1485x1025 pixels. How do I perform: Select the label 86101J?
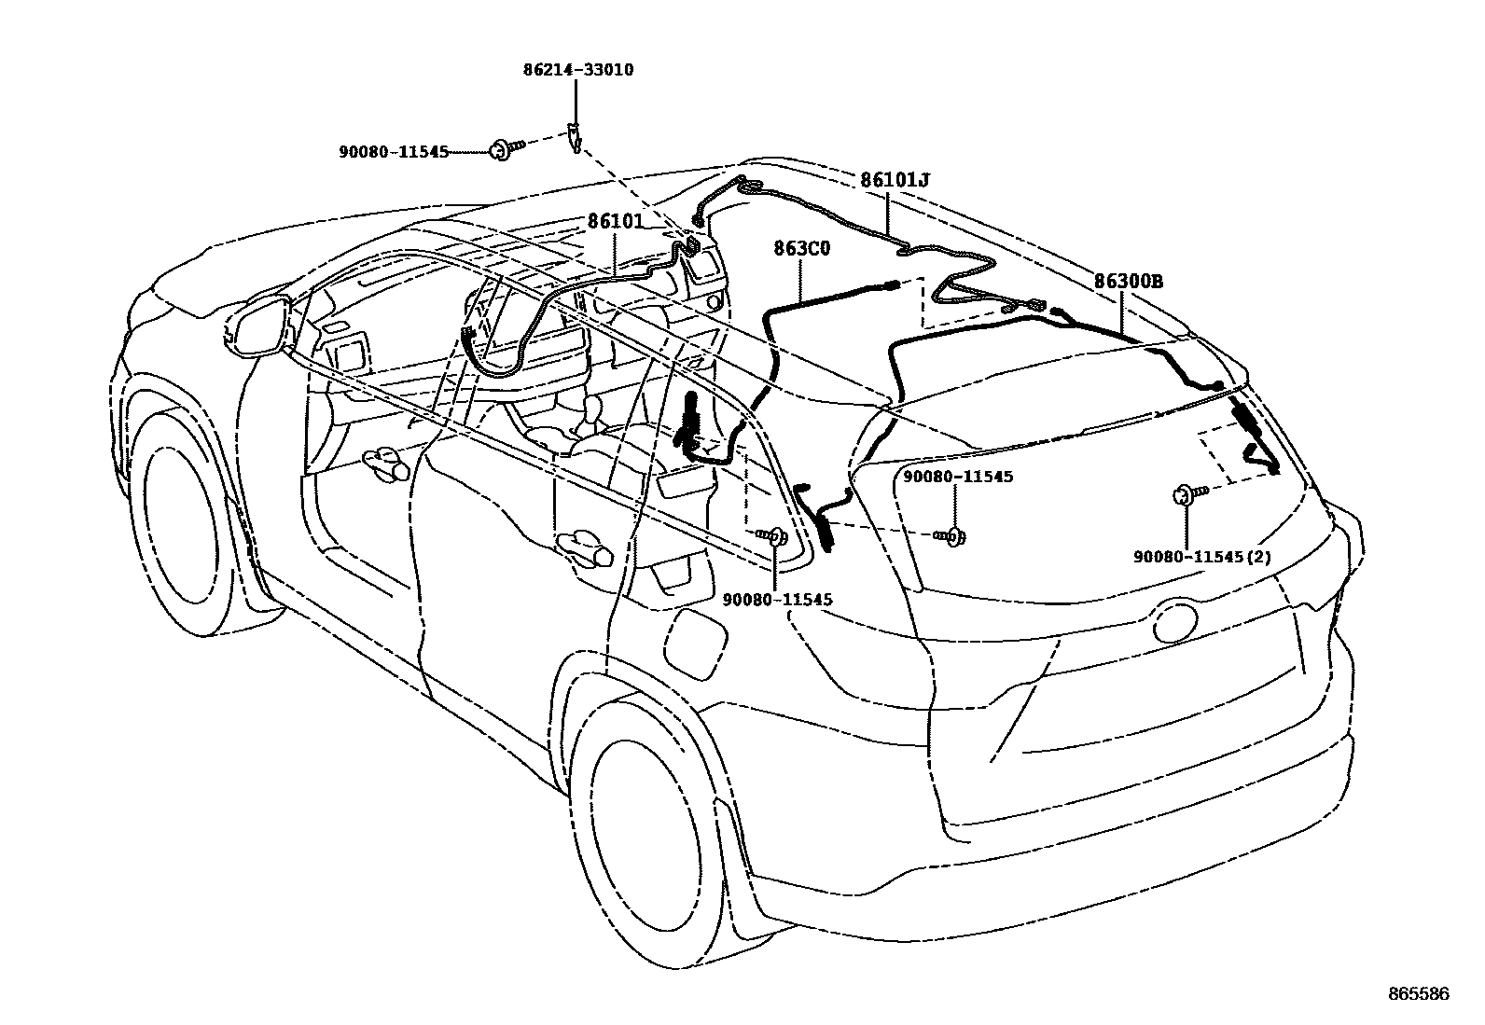pos(895,180)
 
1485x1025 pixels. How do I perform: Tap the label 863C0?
pos(801,249)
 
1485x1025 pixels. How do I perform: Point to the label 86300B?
pos(1129,281)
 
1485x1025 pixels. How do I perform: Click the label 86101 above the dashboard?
pos(616,221)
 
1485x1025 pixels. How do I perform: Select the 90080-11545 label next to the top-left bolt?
pos(394,151)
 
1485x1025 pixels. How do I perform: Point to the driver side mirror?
pos(258,326)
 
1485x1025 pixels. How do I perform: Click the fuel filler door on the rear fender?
pos(696,644)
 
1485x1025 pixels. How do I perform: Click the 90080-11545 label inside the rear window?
pos(957,477)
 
